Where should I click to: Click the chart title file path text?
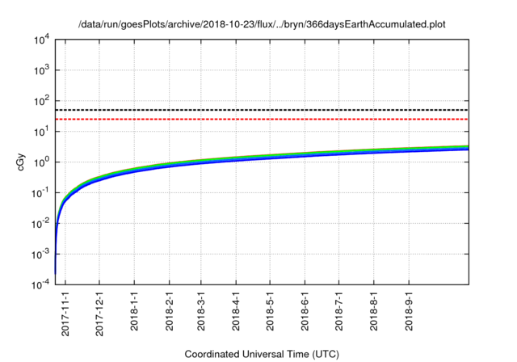[262, 25]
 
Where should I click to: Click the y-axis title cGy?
[21, 161]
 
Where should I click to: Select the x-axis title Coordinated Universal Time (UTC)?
[262, 354]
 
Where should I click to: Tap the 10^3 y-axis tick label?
[41, 70]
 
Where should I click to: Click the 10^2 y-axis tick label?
[41, 101]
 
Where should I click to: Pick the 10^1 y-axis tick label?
[41, 132]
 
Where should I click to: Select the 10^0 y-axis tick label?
[41, 162]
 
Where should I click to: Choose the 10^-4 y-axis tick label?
[40, 284]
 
